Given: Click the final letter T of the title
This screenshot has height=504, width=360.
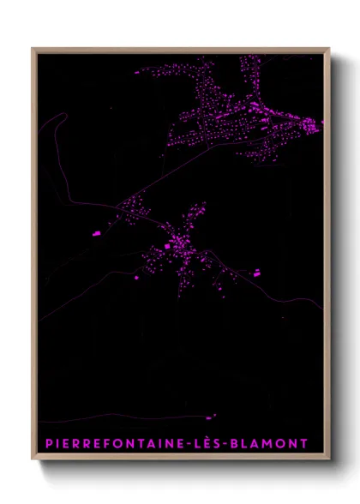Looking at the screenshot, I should (304, 444).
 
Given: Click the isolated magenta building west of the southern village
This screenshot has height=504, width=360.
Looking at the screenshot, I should (97, 232).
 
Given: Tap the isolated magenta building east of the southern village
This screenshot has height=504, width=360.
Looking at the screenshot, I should (255, 273).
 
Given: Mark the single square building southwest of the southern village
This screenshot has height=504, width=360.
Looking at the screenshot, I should (135, 279).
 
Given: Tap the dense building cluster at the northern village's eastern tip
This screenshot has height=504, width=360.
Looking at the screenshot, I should (309, 126).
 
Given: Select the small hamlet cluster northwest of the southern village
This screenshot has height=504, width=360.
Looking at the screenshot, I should (133, 205).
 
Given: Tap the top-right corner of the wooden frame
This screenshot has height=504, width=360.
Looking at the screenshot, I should (328, 49).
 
